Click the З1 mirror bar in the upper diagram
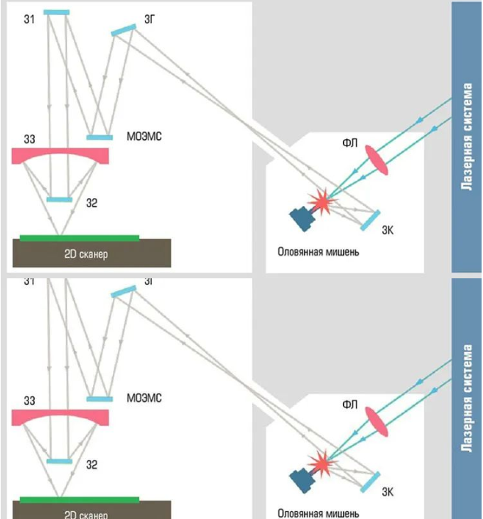point(57,13)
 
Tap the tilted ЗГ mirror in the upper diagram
point(124,30)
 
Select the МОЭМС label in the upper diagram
point(144,136)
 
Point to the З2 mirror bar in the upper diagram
point(59,200)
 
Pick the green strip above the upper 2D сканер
point(79,238)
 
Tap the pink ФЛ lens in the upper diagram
point(377,158)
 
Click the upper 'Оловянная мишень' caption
point(319,251)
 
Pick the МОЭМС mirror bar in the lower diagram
point(100,398)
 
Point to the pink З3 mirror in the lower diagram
point(60,416)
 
